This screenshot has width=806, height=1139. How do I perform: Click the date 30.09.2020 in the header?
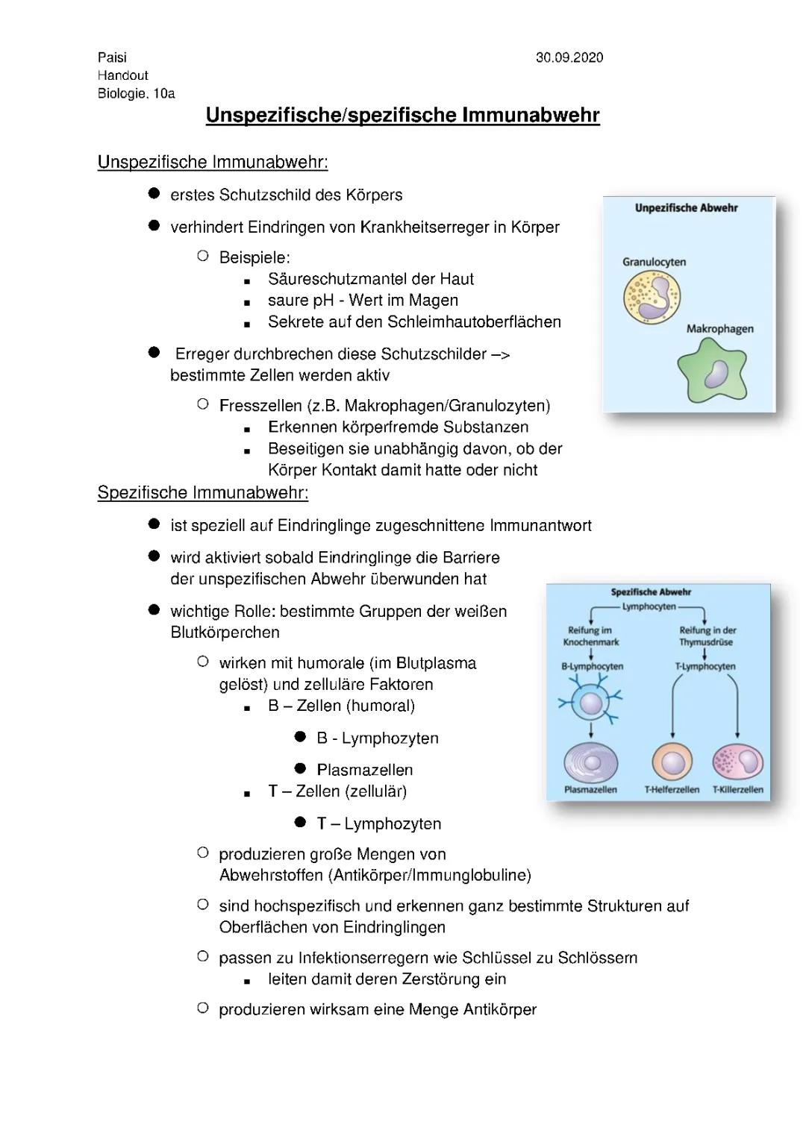(x=569, y=57)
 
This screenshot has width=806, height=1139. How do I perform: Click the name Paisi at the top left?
(x=112, y=57)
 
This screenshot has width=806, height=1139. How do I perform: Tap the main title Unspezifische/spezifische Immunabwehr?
(x=402, y=115)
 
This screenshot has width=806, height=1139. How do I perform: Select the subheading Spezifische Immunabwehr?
(x=202, y=492)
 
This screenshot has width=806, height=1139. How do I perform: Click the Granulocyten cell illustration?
(x=652, y=297)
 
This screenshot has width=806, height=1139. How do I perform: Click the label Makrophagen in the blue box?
(x=719, y=329)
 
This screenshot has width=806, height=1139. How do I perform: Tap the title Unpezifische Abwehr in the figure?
(x=686, y=208)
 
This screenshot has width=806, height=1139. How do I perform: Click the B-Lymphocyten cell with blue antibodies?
(x=590, y=703)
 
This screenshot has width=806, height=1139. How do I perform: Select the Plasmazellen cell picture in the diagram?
(x=590, y=762)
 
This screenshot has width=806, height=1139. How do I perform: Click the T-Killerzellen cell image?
(x=737, y=762)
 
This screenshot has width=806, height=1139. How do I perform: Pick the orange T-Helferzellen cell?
(x=672, y=762)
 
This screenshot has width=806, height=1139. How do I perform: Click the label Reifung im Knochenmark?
(x=590, y=636)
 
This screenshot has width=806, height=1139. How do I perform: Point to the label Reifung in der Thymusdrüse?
(x=706, y=636)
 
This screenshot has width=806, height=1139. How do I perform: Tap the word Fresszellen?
(x=260, y=406)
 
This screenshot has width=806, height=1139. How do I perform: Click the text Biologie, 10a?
(x=136, y=93)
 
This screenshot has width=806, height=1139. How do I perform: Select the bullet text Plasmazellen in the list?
(x=364, y=770)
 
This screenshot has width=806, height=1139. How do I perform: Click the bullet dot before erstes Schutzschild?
(x=154, y=194)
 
